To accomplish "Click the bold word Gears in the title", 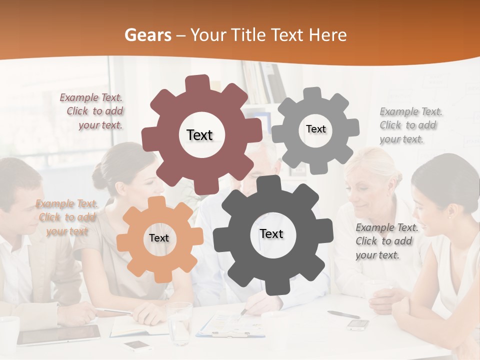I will point(148,35).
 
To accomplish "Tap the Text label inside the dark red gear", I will point(199,135).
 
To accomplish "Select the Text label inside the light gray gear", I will point(315,129).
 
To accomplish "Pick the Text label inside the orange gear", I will point(159,238).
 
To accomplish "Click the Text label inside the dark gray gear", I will point(271,234).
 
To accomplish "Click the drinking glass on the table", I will point(179,322).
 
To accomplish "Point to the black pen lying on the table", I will point(343,314).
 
